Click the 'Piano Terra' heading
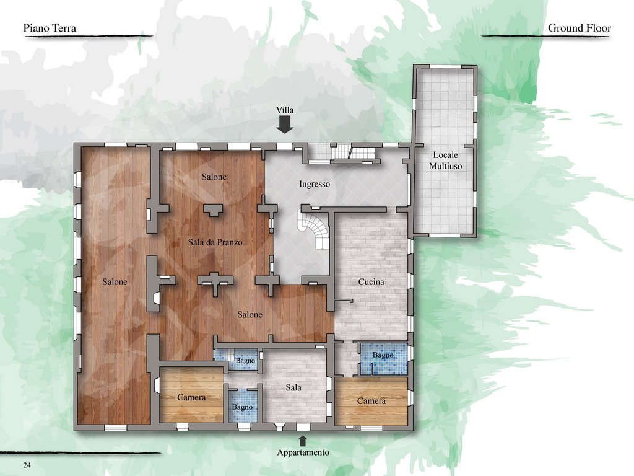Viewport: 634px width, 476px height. click(50, 28)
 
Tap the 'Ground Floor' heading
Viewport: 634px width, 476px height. click(579, 28)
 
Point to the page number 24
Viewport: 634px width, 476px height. click(27, 465)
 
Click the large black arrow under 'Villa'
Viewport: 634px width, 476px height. click(285, 125)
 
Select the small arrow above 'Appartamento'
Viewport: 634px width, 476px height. click(302, 441)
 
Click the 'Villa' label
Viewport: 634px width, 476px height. click(285, 110)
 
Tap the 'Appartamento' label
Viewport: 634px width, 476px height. click(303, 452)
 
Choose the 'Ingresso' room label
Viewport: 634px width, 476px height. click(315, 184)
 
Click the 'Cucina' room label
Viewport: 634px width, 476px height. click(371, 282)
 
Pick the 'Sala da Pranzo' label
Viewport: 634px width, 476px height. click(215, 242)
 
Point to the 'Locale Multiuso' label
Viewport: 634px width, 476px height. click(445, 161)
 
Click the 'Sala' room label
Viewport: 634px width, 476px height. click(293, 388)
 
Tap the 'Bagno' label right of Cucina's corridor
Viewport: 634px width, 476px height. click(383, 355)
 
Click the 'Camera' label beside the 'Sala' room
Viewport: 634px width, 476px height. click(191, 397)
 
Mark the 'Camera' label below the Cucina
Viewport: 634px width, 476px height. click(371, 401)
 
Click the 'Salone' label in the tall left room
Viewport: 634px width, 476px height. click(115, 282)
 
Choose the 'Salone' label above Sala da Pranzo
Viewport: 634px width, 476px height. click(214, 177)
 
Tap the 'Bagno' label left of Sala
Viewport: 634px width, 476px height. click(242, 407)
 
